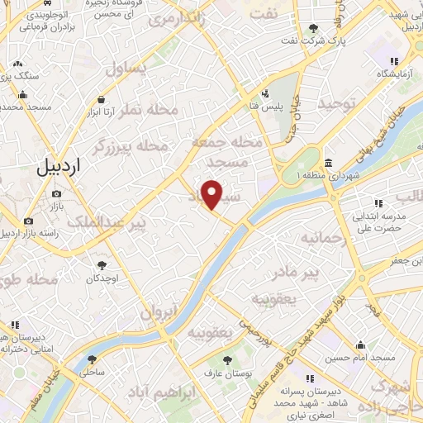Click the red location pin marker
212,193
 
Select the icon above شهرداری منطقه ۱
330,161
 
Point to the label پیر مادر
296,273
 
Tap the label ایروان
159,313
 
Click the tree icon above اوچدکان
102,265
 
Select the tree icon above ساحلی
91,359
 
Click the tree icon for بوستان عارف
229,359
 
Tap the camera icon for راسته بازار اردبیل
29,221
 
